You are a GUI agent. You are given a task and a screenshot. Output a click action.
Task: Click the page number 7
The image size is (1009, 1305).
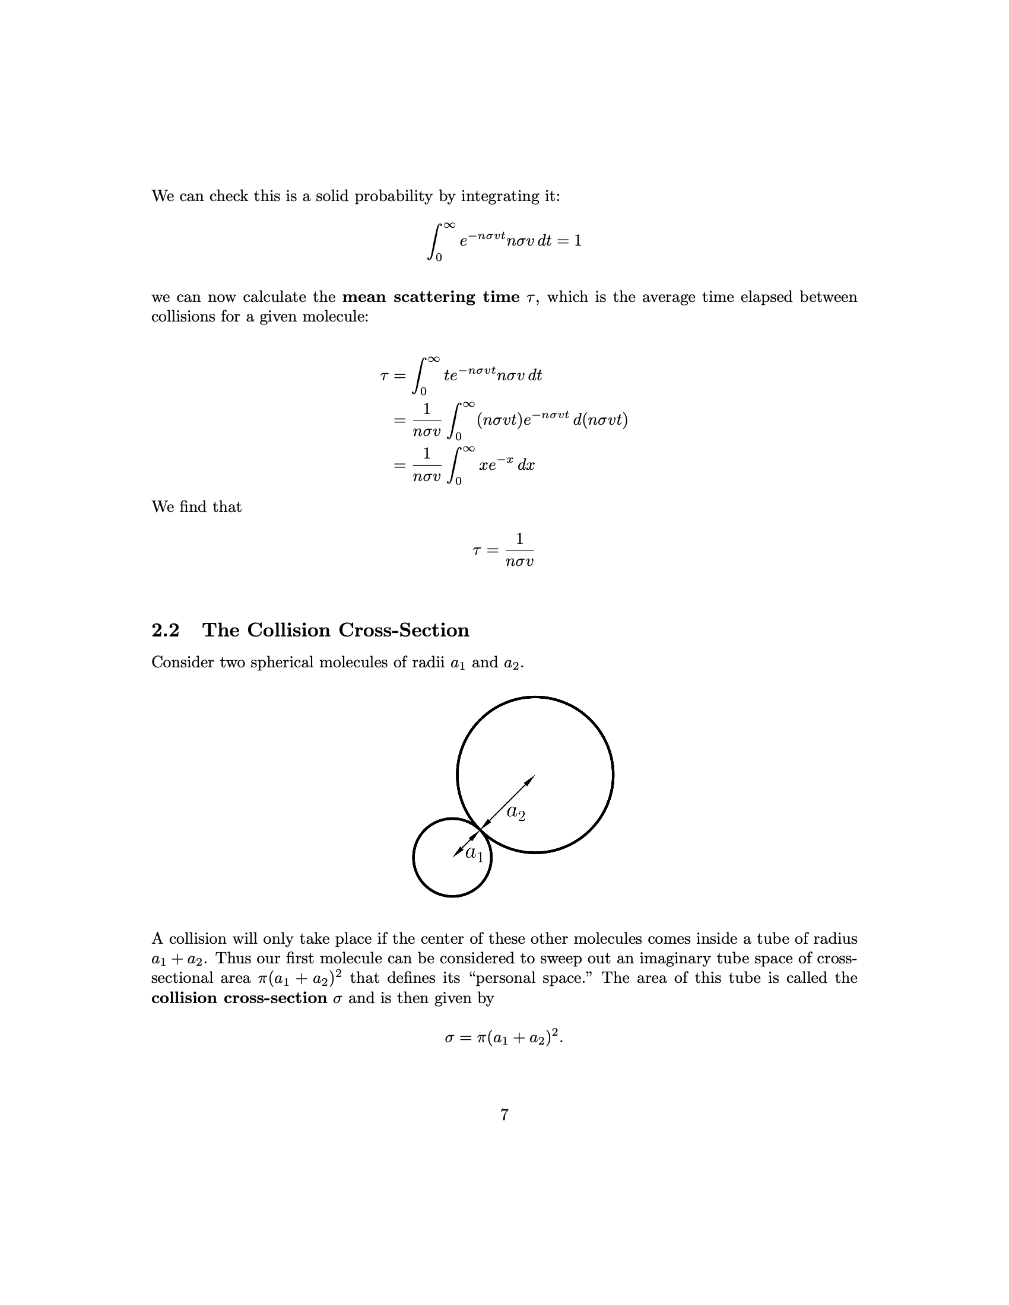[504, 1115]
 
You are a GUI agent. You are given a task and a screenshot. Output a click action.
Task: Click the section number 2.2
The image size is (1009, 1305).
[165, 631]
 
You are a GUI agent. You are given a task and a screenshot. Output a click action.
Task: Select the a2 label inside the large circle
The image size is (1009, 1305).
[516, 812]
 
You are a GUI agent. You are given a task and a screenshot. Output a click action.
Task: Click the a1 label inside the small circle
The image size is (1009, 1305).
[475, 853]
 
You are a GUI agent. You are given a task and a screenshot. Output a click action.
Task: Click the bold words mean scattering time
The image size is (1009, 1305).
[431, 297]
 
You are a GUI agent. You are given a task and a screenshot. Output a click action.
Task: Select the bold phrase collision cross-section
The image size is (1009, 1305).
[239, 998]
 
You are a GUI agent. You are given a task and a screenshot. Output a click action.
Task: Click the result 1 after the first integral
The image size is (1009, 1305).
[578, 241]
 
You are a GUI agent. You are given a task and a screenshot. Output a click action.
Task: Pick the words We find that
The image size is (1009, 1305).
[196, 507]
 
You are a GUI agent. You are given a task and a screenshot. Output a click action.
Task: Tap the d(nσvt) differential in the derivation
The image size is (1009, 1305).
[600, 420]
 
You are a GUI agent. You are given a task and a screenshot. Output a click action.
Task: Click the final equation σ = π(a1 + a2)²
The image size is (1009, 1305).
[504, 1038]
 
